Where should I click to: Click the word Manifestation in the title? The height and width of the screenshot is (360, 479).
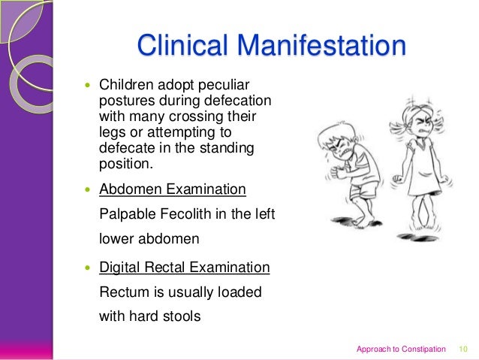(x=325, y=46)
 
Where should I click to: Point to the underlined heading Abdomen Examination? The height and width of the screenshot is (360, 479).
(x=173, y=189)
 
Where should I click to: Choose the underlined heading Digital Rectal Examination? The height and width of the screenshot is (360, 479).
(x=185, y=267)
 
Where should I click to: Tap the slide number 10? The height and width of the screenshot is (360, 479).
(x=462, y=349)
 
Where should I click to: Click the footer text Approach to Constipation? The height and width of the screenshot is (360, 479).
(x=401, y=349)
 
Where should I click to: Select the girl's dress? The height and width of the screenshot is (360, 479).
(x=420, y=162)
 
